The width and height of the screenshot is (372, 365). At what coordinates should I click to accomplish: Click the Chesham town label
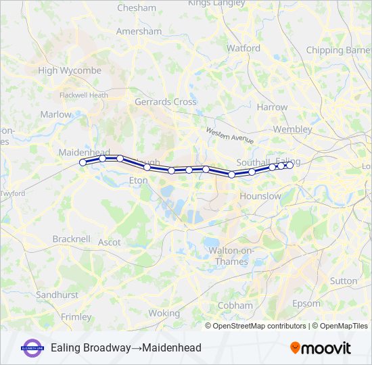(x=137, y=8)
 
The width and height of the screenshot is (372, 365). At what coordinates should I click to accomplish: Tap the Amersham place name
(x=139, y=32)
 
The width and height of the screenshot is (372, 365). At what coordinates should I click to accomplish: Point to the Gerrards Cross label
(x=166, y=102)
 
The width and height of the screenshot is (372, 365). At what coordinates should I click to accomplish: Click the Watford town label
(x=243, y=49)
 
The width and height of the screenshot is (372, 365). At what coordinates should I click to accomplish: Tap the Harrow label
(x=272, y=107)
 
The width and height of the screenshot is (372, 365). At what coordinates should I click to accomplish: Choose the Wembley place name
(x=292, y=129)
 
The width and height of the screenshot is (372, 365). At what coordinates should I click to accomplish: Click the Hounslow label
(x=260, y=196)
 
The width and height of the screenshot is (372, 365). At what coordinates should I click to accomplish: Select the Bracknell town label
(x=71, y=239)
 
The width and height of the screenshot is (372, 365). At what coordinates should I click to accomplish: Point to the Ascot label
(x=110, y=242)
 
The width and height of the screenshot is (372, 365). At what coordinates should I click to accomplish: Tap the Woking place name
(x=164, y=313)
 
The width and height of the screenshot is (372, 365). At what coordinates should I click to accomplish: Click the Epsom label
(x=307, y=303)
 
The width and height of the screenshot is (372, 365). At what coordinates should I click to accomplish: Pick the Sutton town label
(x=343, y=281)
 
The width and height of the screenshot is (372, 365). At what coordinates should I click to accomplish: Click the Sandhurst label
(x=57, y=295)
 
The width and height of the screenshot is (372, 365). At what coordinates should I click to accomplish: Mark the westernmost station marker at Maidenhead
(x=83, y=162)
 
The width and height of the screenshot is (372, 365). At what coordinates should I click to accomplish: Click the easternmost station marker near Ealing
(x=289, y=165)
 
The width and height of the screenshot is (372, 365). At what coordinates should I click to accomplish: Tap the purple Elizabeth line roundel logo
(x=32, y=347)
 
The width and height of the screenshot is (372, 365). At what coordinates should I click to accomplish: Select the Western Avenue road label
(x=230, y=135)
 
